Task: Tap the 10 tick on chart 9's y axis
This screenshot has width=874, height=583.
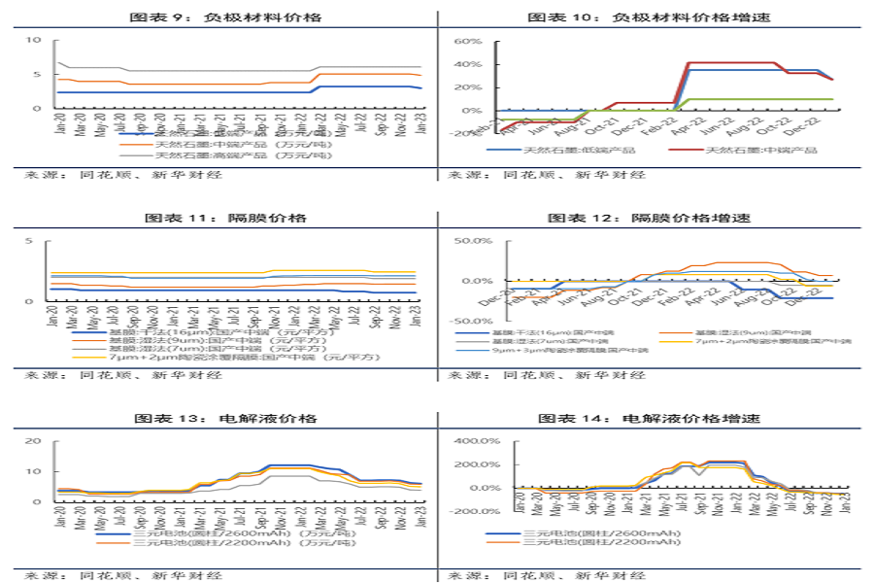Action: click(x=34, y=40)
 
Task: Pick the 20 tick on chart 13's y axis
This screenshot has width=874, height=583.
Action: click(x=34, y=441)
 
